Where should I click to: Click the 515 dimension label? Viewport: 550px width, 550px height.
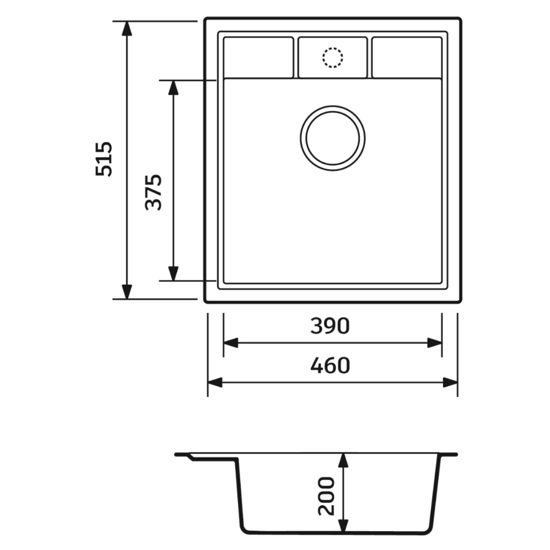click(x=104, y=158)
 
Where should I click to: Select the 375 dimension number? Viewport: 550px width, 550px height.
click(x=153, y=192)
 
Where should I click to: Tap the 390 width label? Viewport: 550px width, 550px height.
click(x=330, y=326)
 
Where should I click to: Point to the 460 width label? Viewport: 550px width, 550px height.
click(x=330, y=365)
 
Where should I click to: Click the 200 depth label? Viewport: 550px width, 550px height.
click(x=326, y=496)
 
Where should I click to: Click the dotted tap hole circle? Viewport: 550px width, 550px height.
click(x=332, y=57)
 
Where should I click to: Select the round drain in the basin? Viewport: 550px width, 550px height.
click(x=332, y=138)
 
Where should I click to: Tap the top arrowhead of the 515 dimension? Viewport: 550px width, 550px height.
click(x=127, y=28)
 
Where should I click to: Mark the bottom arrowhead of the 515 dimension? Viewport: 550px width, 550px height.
click(x=127, y=292)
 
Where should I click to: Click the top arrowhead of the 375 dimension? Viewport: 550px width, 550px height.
click(x=173, y=88)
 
